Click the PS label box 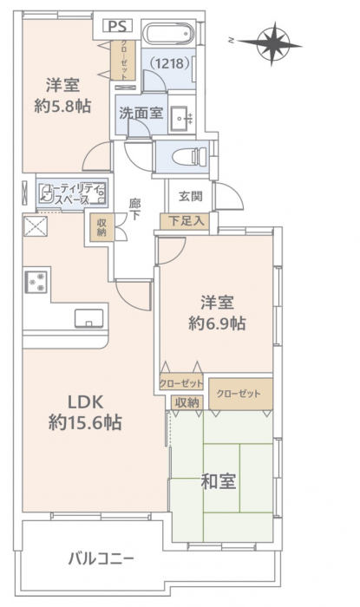118,26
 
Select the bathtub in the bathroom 168,34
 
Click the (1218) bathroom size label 169,63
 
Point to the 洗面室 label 141,113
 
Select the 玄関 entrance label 191,196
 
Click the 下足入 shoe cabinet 185,221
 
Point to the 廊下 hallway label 134,209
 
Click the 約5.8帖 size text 62,106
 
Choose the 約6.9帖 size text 217,323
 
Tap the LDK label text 86,402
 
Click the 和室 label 219,481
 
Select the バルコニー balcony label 101,558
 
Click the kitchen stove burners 36,282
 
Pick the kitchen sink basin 89,318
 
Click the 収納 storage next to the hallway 101,227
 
